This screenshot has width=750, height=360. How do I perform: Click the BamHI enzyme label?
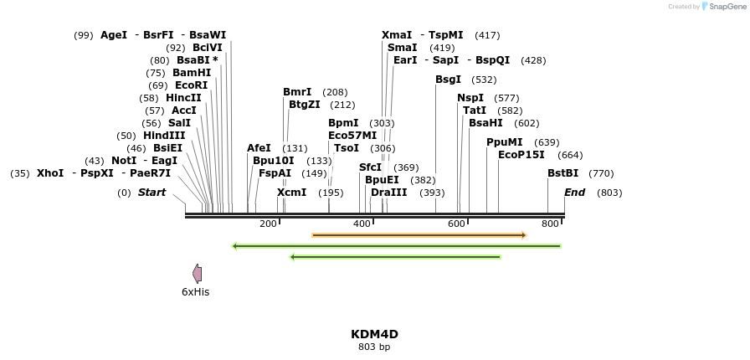click(x=192, y=73)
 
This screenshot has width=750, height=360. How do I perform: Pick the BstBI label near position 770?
click(x=562, y=173)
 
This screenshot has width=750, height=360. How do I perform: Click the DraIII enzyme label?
click(x=388, y=193)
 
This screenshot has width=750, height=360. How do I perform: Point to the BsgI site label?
click(x=448, y=80)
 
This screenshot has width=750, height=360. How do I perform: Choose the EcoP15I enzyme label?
click(x=521, y=155)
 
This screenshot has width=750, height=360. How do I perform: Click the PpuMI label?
click(x=504, y=142)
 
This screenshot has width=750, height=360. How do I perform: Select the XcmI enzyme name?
click(x=291, y=193)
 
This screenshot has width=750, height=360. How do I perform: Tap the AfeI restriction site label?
click(x=259, y=148)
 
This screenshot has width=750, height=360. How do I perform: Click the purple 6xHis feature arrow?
click(x=197, y=274)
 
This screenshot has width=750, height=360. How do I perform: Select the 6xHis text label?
click(x=195, y=292)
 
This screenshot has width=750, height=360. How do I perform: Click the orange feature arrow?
click(x=419, y=235)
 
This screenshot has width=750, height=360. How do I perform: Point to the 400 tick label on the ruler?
click(x=362, y=224)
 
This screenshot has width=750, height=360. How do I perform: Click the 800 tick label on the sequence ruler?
click(x=550, y=224)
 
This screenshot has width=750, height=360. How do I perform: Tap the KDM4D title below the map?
click(x=374, y=334)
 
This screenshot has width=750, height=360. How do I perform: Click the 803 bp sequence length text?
click(x=374, y=347)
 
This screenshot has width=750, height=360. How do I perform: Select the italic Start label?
click(x=152, y=193)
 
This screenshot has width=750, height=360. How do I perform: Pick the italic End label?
click(x=574, y=193)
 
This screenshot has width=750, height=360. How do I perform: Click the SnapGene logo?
click(x=721, y=7)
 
